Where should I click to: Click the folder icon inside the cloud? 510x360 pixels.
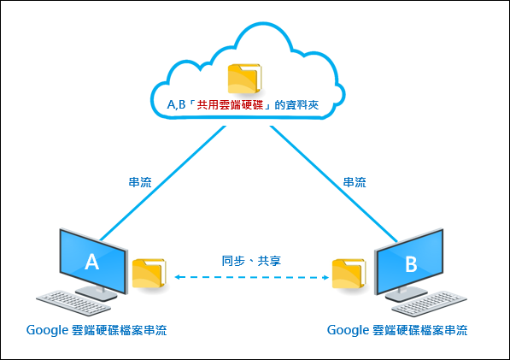pyautogui.click(x=244, y=79)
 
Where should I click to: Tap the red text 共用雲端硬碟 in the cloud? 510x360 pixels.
pyautogui.click(x=230, y=105)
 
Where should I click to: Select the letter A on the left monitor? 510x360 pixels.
pyautogui.click(x=91, y=262)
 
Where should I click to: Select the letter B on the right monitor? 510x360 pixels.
pyautogui.click(x=411, y=264)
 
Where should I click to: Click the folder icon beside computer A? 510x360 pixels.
pyautogui.click(x=149, y=274)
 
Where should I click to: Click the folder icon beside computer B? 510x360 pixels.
pyautogui.click(x=349, y=274)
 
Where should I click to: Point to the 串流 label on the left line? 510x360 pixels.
pyautogui.click(x=140, y=182)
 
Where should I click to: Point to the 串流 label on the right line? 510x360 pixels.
pyautogui.click(x=355, y=182)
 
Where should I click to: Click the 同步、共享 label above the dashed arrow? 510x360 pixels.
pyautogui.click(x=251, y=261)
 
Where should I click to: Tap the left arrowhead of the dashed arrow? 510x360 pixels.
pyautogui.click(x=178, y=277)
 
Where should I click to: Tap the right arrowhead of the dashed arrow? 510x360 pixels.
pyautogui.click(x=325, y=277)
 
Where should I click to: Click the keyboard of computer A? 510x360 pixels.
pyautogui.click(x=73, y=303)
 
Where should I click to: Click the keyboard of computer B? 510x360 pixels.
pyautogui.click(x=430, y=304)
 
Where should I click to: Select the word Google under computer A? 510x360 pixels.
pyautogui.click(x=47, y=330)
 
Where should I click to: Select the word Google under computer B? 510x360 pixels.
pyautogui.click(x=348, y=330)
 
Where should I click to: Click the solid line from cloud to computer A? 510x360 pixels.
pyautogui.click(x=162, y=183)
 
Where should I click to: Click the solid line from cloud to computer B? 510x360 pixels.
pyautogui.click(x=334, y=184)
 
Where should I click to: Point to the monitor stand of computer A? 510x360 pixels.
pyautogui.click(x=97, y=292)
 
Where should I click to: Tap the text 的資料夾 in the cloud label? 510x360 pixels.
pyautogui.click(x=296, y=105)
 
